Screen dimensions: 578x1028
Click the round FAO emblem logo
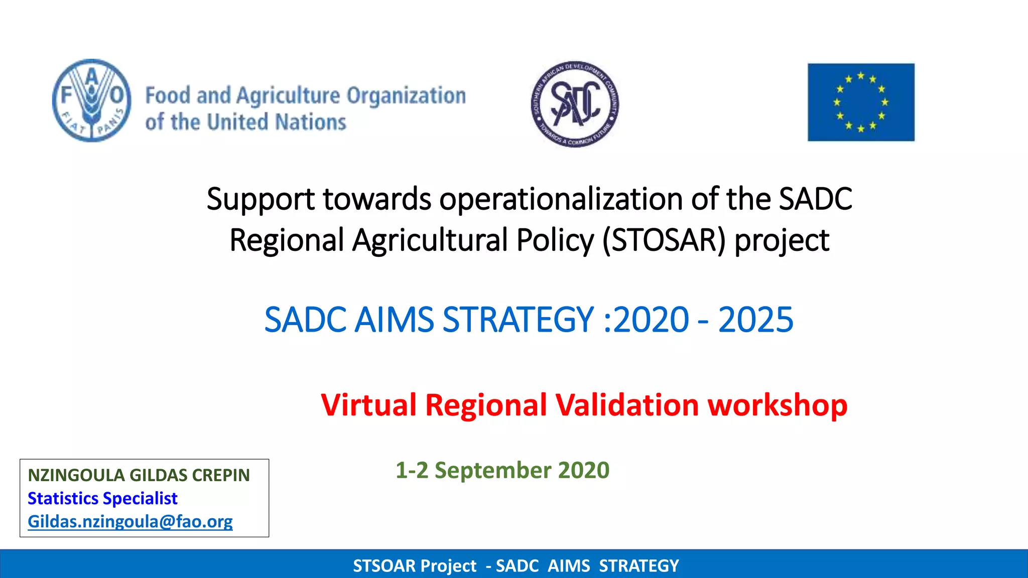(x=92, y=100)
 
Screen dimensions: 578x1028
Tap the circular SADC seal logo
(x=575, y=104)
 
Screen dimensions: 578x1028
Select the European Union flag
(x=861, y=102)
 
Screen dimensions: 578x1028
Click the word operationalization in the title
(x=561, y=199)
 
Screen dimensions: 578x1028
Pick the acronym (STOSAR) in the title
(x=664, y=240)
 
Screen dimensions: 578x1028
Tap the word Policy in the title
(x=555, y=240)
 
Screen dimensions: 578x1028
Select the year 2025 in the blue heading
(x=755, y=320)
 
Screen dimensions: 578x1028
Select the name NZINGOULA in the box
(x=76, y=475)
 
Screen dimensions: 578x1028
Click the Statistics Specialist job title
(x=102, y=498)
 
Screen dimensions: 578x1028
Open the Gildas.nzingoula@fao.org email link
(x=130, y=521)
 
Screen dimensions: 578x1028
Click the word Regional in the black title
(x=287, y=240)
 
